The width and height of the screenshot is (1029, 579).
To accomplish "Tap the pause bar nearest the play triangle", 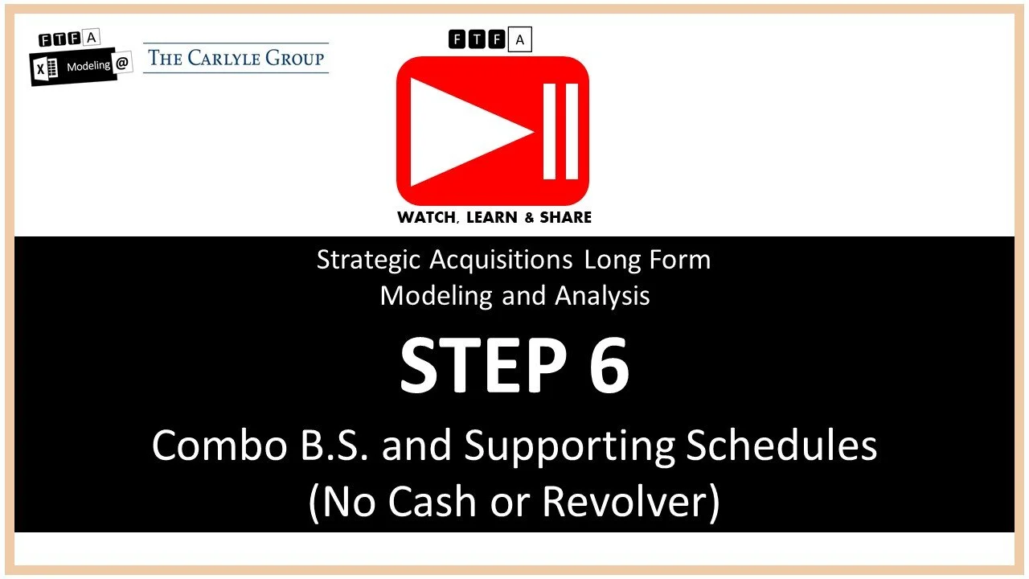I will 550,130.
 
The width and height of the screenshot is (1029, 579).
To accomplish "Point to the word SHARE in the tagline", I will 564,217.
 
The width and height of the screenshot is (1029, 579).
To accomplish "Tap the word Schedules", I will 781,446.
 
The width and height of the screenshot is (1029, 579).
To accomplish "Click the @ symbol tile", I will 123,64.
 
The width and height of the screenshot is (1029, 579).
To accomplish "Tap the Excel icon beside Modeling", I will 45,71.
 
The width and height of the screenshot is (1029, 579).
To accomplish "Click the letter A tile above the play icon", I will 520,39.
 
